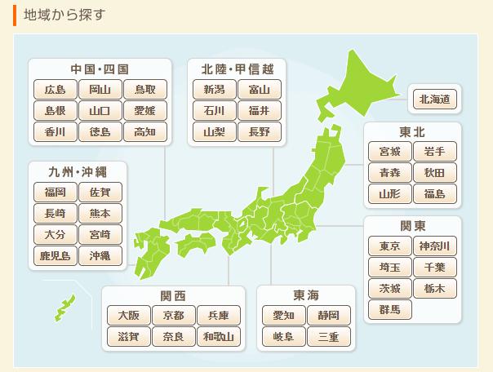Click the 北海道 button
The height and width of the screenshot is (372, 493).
435,100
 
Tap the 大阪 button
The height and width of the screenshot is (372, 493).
129,315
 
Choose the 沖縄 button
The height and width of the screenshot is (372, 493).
100,256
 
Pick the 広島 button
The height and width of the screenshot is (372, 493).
56,89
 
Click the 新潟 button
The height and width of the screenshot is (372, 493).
214,89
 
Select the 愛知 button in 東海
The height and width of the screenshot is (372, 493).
283,315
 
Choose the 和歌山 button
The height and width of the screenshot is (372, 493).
219,336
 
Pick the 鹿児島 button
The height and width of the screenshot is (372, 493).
56,256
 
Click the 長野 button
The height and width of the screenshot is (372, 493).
259,131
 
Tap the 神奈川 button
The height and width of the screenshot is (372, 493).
434,246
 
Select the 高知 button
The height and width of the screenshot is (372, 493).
145,131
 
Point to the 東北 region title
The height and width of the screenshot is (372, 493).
412,131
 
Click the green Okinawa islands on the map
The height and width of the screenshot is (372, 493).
64,308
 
